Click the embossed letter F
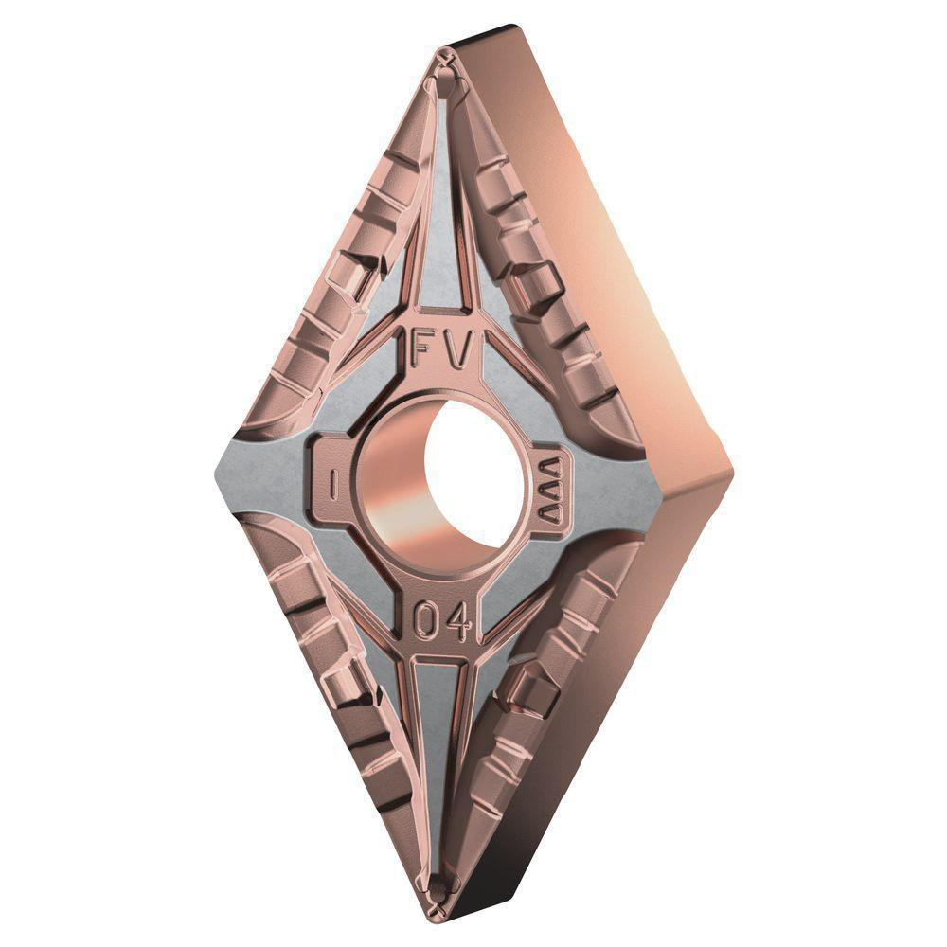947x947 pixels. pos(423,352)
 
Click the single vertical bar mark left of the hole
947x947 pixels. pos(333,483)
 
